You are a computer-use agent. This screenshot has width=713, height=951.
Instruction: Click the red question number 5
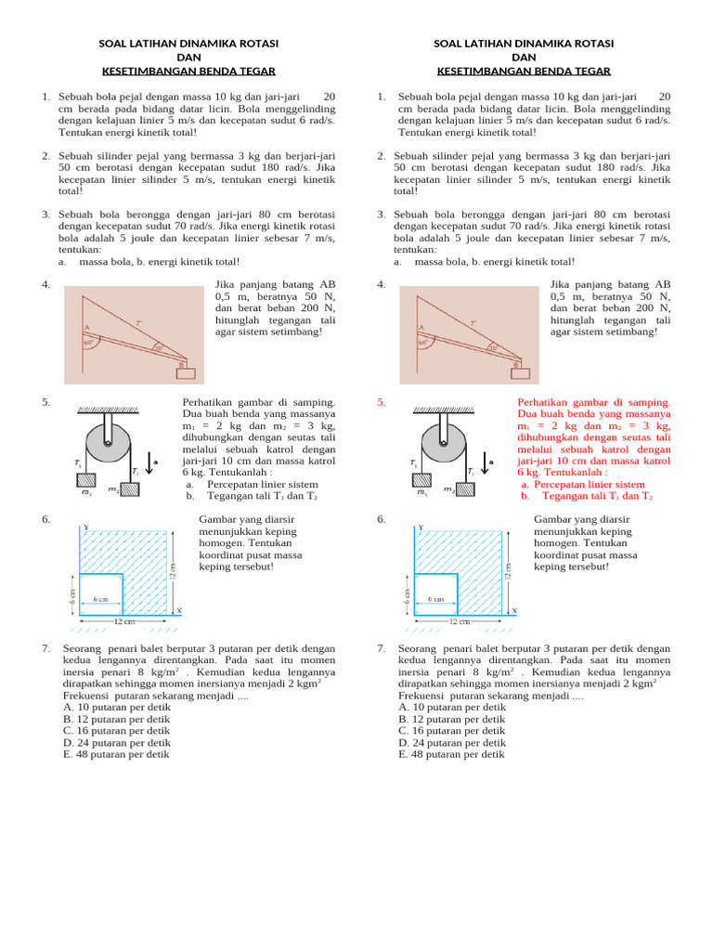381,402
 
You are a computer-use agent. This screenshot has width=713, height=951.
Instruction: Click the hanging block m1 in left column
85,480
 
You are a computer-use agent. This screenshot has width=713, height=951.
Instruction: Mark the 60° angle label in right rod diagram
423,343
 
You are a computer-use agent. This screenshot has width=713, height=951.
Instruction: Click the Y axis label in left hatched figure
86,527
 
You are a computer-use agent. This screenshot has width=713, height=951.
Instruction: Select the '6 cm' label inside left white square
101,599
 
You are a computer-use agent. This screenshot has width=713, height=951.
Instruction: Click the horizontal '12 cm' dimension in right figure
460,621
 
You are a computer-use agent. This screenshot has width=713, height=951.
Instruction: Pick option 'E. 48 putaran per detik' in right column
451,754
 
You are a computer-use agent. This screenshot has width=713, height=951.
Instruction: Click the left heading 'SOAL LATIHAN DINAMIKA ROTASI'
188,44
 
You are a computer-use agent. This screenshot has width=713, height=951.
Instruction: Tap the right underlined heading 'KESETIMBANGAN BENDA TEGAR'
524,71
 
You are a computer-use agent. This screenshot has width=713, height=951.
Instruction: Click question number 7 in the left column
45,648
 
